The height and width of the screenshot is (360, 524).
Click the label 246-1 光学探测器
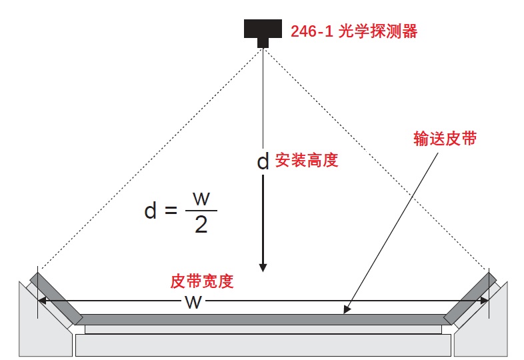click(x=353, y=31)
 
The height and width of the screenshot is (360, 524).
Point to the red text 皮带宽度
click(x=202, y=281)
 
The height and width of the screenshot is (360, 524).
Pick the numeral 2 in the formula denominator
click(x=201, y=226)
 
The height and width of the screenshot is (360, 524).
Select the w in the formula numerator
click(x=201, y=199)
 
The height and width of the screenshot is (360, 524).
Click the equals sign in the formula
click(x=171, y=212)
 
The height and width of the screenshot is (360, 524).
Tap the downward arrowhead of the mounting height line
click(x=263, y=265)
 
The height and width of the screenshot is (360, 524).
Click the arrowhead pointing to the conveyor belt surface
click(x=347, y=309)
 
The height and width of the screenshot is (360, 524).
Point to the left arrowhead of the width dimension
click(x=42, y=301)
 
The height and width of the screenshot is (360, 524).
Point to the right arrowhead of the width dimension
click(x=486, y=301)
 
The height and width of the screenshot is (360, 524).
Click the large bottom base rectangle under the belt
click(x=263, y=345)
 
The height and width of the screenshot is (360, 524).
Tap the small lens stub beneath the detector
click(x=263, y=43)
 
